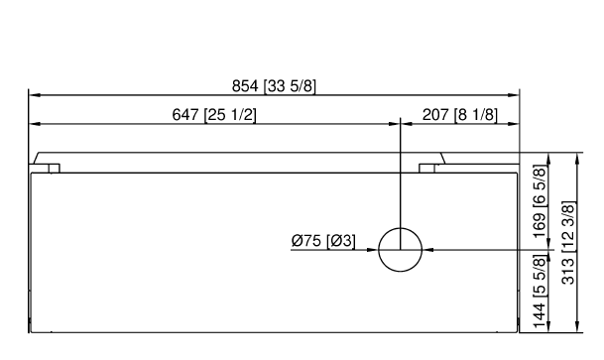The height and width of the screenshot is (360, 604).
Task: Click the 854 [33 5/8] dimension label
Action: [274, 86]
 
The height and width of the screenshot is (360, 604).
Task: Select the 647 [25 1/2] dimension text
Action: [214, 115]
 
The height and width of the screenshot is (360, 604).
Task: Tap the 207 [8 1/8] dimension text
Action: [460, 115]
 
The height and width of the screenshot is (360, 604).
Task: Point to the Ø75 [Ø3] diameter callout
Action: [323, 241]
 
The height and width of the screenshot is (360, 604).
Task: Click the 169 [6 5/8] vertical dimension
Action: [540, 201]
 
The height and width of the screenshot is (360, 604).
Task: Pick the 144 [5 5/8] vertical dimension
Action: [540, 293]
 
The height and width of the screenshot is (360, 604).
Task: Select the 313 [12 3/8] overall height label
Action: [568, 243]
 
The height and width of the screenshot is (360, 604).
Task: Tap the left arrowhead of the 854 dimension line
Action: [35, 95]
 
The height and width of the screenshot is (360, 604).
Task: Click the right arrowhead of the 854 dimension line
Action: [514, 95]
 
